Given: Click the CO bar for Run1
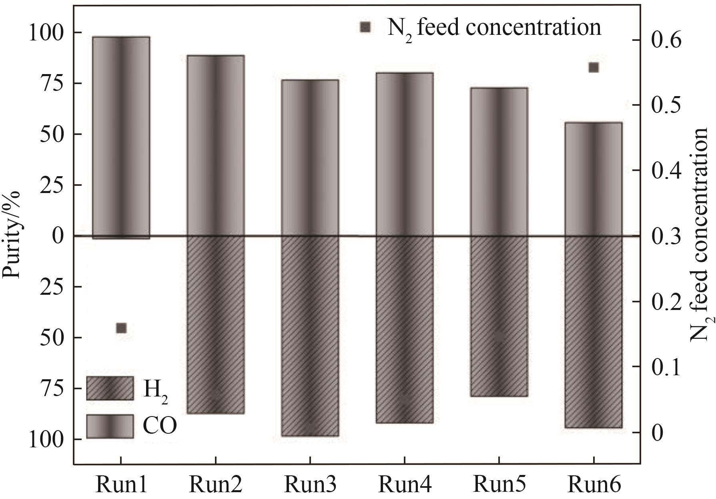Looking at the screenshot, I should [x=121, y=136].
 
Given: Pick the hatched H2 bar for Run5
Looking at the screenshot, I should [x=499, y=316].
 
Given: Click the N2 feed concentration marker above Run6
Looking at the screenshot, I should [x=594, y=67].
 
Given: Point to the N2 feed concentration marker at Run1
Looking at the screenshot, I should [x=121, y=328].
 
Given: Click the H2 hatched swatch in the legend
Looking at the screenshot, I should [x=110, y=388].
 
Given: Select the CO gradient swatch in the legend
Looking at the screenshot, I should [x=110, y=426].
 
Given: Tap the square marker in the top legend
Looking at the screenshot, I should [x=365, y=27].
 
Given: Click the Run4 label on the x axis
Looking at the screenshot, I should [x=405, y=485].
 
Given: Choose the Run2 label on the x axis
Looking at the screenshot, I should [x=215, y=485].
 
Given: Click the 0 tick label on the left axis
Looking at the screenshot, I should [x=58, y=236].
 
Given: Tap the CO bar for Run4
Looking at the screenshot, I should [x=405, y=154].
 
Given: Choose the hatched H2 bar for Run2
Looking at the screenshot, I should [x=215, y=324].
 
